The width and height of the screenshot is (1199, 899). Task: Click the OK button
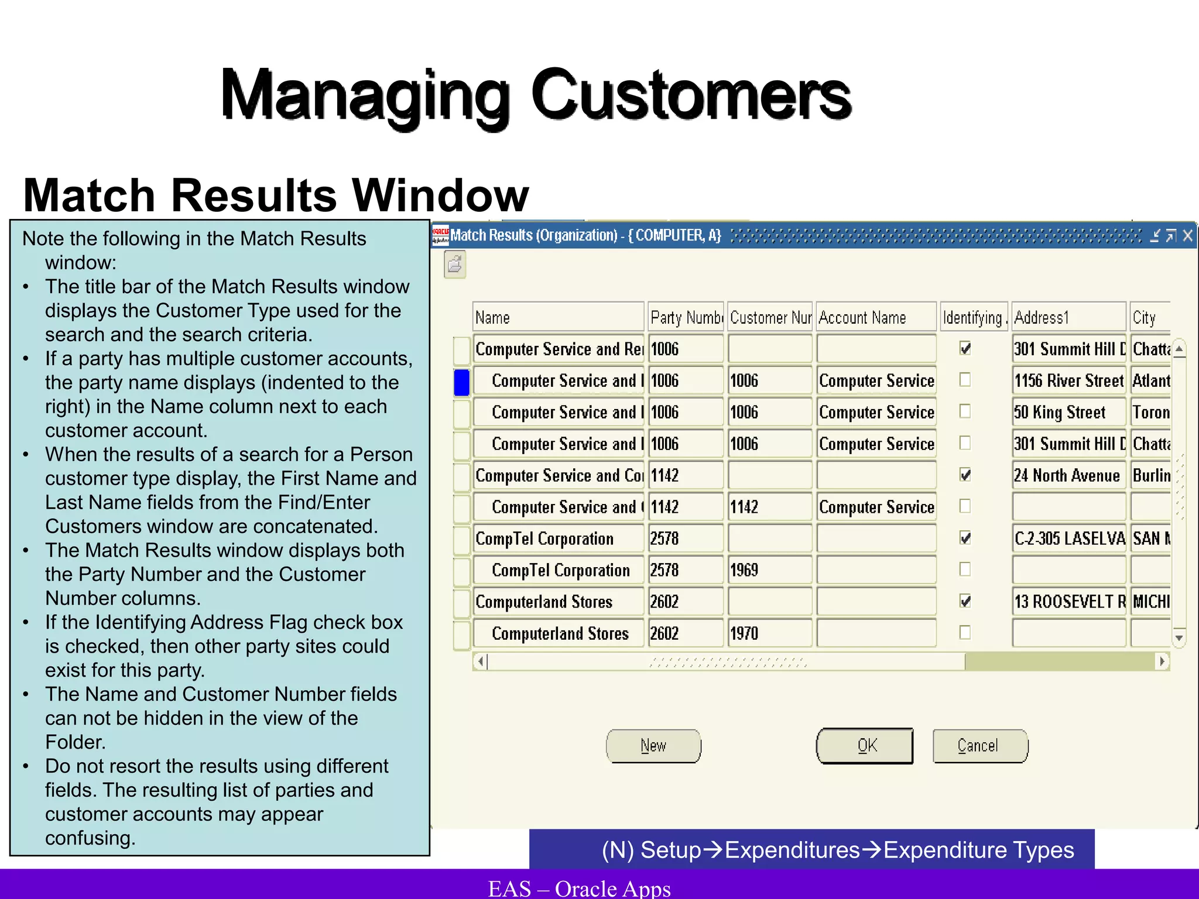point(865,746)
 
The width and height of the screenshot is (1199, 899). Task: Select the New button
point(653,746)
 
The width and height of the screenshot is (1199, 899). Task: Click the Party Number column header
point(686,317)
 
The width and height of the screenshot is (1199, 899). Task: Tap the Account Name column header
point(876,317)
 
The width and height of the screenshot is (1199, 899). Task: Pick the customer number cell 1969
point(769,570)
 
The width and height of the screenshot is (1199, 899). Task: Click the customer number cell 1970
point(769,633)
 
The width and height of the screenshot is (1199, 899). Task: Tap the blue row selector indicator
point(462,382)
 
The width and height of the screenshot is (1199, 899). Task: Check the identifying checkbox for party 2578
point(965,538)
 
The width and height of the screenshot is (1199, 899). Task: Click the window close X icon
point(1187,236)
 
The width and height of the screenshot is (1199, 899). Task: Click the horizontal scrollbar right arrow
point(1162,661)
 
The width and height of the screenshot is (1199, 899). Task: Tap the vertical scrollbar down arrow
point(1179,638)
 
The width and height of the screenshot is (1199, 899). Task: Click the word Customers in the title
point(691,95)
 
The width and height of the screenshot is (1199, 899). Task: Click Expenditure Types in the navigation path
point(979,850)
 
